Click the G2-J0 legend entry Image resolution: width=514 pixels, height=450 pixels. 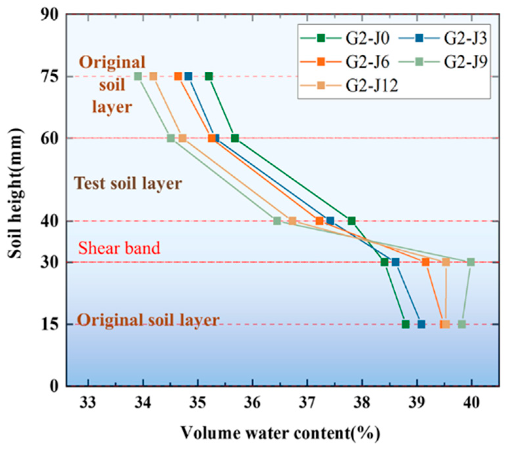[x=345, y=39]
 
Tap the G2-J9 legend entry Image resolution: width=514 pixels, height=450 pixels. [x=443, y=62]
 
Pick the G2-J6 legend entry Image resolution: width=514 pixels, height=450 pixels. [x=345, y=62]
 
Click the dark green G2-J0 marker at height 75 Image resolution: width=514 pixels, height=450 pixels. [x=209, y=77]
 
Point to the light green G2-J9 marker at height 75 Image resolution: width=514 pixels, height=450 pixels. [x=138, y=77]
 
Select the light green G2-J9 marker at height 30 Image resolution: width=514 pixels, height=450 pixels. [x=470, y=262]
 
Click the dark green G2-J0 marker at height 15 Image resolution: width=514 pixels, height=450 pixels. [x=406, y=324]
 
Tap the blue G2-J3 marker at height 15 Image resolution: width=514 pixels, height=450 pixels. [x=421, y=324]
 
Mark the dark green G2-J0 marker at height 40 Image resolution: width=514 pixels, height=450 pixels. [x=351, y=221]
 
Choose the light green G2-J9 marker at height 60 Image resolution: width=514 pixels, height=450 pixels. [x=171, y=138]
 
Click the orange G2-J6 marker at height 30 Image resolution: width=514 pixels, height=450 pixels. [x=425, y=262]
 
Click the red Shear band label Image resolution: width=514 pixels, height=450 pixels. [x=119, y=248]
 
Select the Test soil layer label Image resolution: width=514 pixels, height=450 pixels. [x=128, y=183]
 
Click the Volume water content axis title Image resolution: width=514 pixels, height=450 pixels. [x=280, y=433]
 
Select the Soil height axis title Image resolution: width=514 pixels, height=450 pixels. [x=16, y=193]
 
